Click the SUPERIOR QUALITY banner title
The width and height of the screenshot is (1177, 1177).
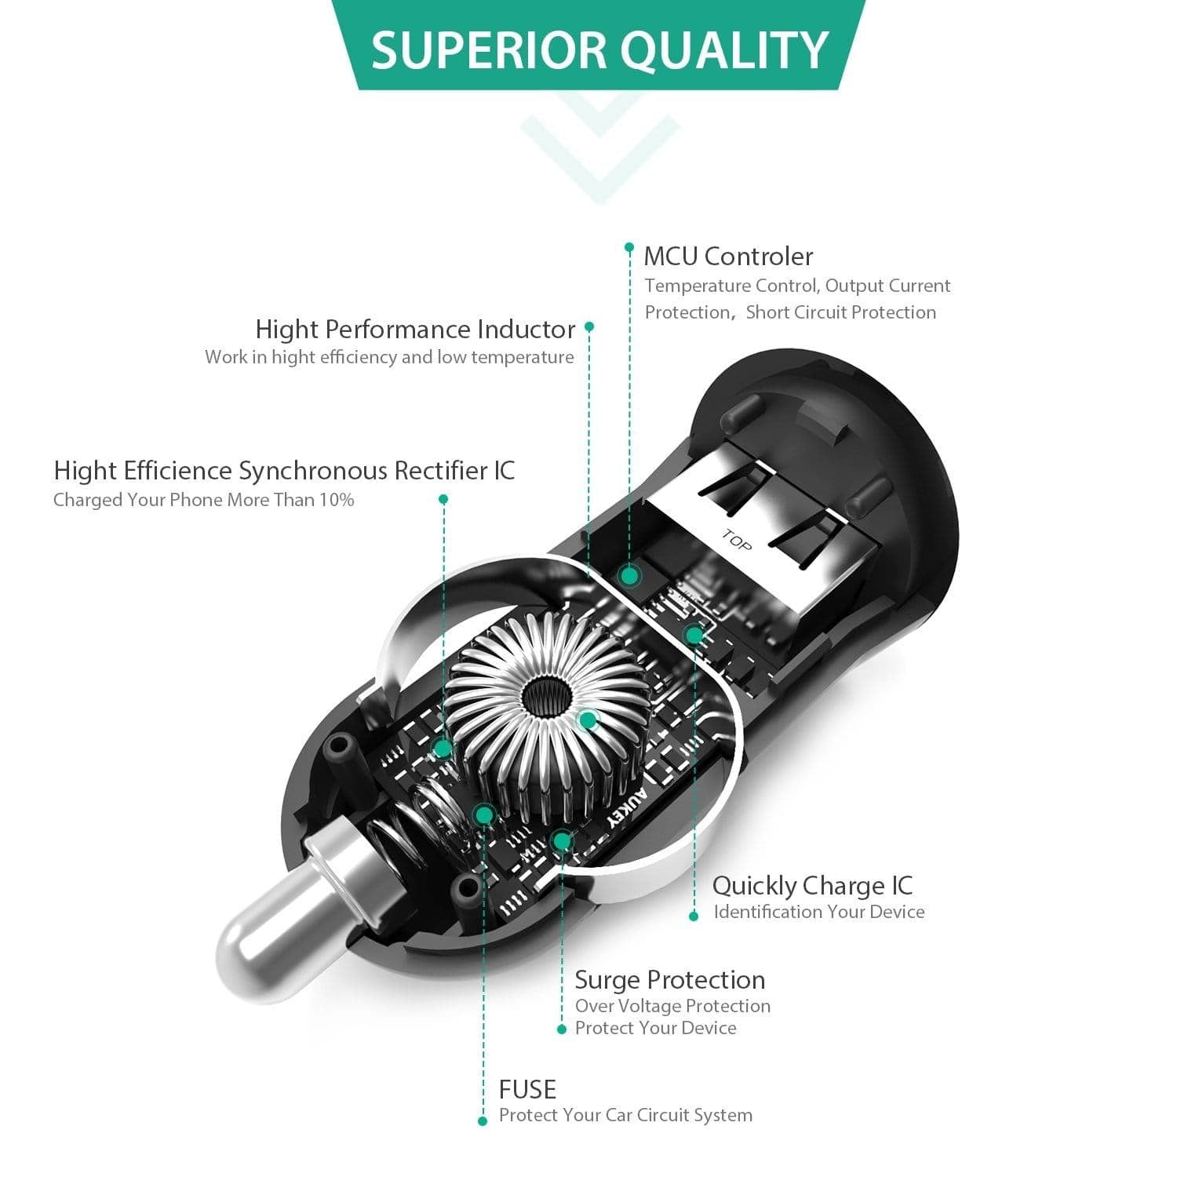tap(599, 49)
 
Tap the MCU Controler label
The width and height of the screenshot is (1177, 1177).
tap(728, 256)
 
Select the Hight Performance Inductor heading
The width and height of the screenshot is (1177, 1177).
tap(415, 329)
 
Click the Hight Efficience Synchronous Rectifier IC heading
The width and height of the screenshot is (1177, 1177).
tap(284, 470)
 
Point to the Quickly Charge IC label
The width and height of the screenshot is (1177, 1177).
tap(812, 885)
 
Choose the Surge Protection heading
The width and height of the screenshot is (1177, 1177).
tap(669, 979)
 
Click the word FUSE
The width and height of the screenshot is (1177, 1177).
tap(527, 1089)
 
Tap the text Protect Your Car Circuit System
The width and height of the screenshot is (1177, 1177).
tap(625, 1115)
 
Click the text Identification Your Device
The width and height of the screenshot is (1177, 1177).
tap(818, 912)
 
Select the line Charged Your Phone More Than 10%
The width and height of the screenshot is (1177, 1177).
tap(203, 500)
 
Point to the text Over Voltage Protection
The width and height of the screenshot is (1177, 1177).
tap(672, 1006)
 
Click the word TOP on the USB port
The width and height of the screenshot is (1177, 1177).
tap(736, 541)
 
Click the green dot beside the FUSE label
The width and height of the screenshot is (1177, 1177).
tap(483, 1121)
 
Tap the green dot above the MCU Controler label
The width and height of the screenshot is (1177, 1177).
tap(629, 247)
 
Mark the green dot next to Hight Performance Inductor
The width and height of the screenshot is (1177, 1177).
tap(589, 326)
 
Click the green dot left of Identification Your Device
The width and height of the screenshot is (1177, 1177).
tap(694, 916)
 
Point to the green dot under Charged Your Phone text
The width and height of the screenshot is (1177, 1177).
tap(443, 499)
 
